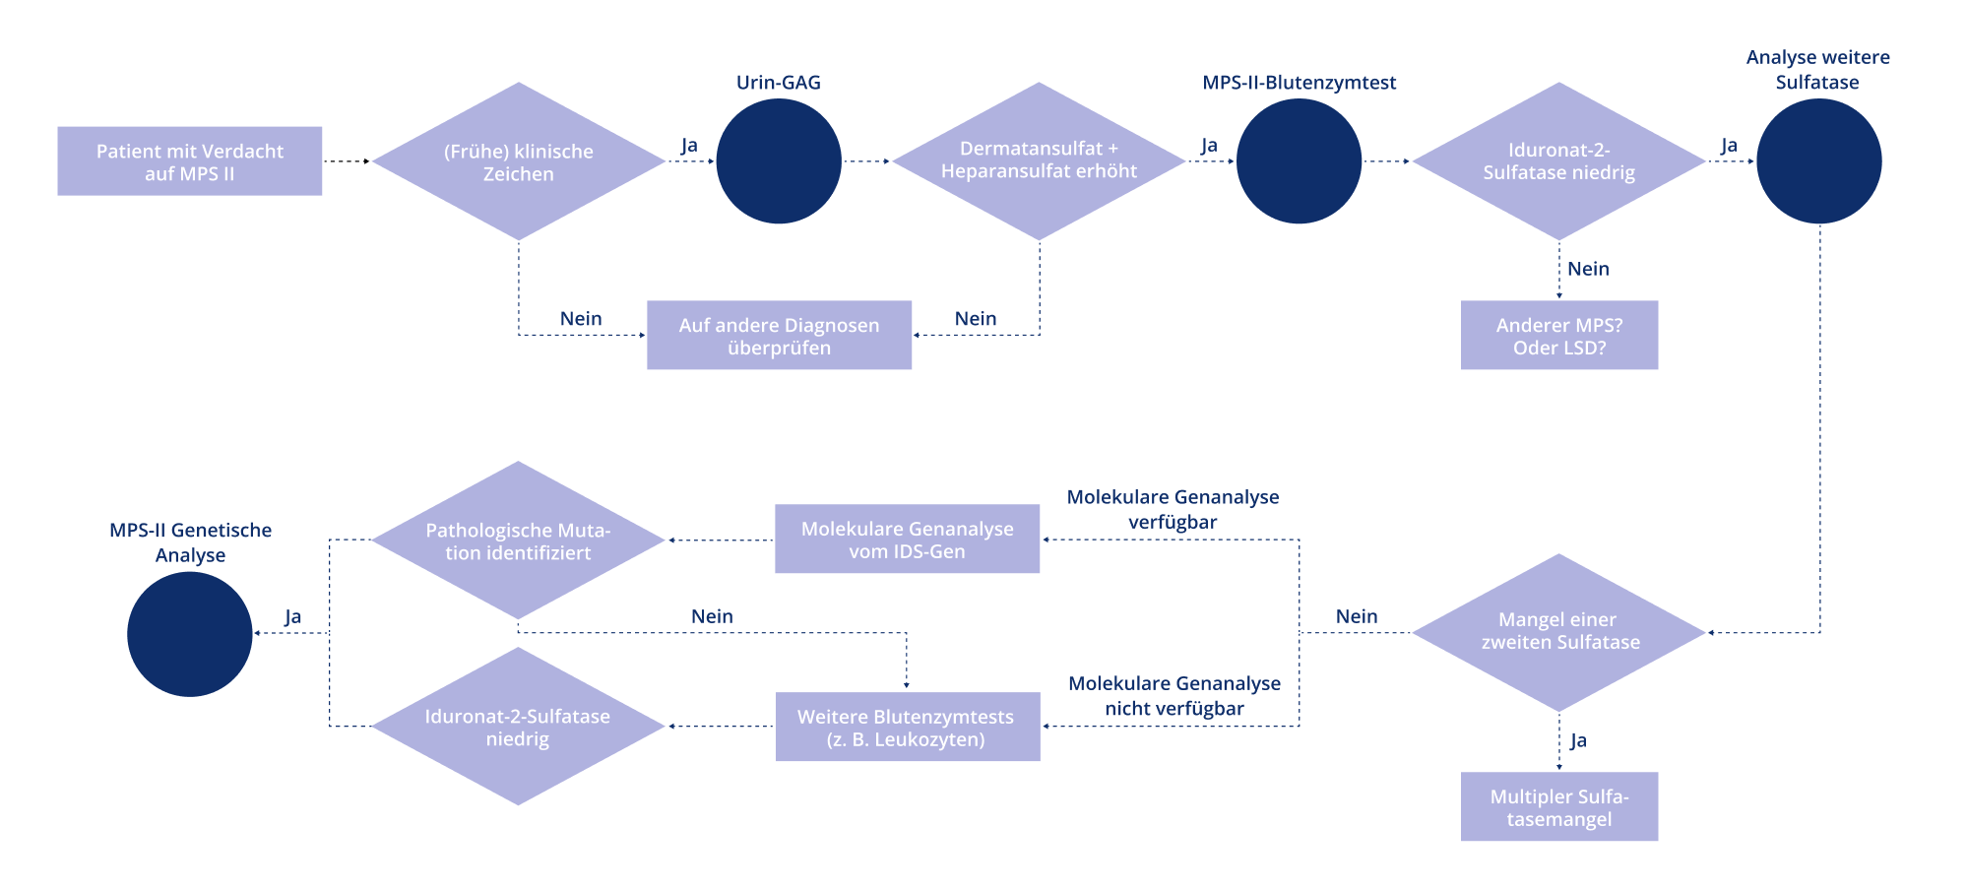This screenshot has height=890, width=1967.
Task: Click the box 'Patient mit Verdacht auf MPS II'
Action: pyautogui.click(x=189, y=160)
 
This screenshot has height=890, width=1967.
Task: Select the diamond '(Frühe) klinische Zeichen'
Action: pyautogui.click(x=519, y=161)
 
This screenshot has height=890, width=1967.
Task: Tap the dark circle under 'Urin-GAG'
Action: pyautogui.click(x=779, y=161)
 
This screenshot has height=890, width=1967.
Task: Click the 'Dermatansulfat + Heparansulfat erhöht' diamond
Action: pyautogui.click(x=1039, y=161)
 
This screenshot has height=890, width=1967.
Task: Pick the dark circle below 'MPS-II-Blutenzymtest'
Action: pyautogui.click(x=1299, y=161)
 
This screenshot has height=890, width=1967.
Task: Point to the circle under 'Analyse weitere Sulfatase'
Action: pyautogui.click(x=1818, y=161)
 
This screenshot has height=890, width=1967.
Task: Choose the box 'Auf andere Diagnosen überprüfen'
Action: pyautogui.click(x=779, y=335)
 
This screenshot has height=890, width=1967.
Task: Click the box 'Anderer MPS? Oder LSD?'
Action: pyautogui.click(x=1559, y=335)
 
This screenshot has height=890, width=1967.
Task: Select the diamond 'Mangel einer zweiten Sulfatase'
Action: pyautogui.click(x=1559, y=633)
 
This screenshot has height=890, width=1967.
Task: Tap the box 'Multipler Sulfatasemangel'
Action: pyautogui.click(x=1559, y=806)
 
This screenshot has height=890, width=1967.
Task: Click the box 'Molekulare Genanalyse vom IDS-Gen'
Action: pyautogui.click(x=907, y=539)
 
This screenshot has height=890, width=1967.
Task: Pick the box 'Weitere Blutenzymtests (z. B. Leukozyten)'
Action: pyautogui.click(x=908, y=727)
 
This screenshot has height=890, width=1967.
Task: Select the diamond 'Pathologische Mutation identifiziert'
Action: pyautogui.click(x=518, y=540)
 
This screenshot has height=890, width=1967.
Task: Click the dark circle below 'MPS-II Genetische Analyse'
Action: pyautogui.click(x=190, y=634)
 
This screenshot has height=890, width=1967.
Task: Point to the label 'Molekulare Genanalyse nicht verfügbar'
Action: pyautogui.click(x=1174, y=696)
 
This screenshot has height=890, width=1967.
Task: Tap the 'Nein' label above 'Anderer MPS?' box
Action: pyautogui.click(x=1588, y=269)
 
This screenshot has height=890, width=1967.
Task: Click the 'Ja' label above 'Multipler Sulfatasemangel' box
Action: pyautogui.click(x=1578, y=740)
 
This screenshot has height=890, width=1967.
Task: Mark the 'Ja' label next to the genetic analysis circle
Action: pyautogui.click(x=292, y=616)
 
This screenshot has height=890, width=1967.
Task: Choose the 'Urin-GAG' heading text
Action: pyautogui.click(x=779, y=83)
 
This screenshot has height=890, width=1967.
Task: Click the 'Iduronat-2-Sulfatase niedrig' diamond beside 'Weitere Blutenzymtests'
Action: pyautogui.click(x=518, y=727)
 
